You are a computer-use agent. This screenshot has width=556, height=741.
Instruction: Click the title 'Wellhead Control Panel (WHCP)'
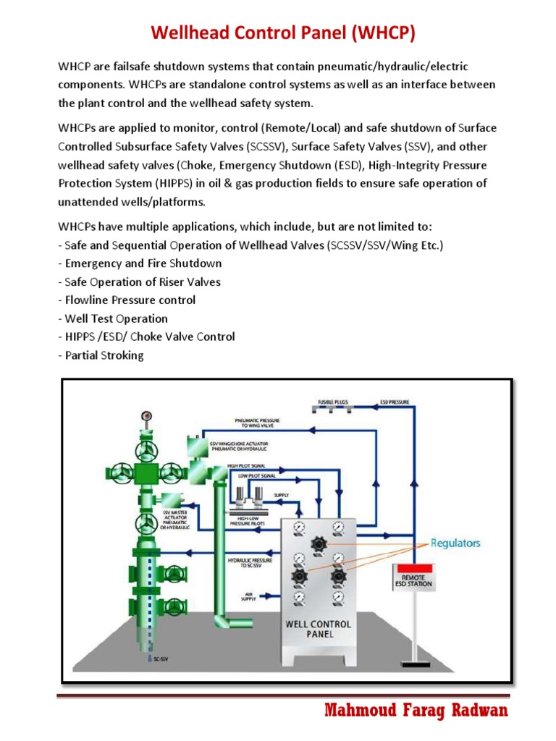(283, 33)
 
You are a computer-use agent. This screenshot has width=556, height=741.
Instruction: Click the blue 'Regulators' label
(455, 543)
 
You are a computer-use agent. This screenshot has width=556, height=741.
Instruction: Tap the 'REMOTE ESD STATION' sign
(417, 579)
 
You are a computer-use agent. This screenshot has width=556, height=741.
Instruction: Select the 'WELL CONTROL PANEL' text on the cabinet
(319, 629)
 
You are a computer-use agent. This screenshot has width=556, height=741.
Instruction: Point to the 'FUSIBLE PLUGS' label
(332, 401)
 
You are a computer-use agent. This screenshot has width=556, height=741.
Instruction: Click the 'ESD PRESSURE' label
(395, 401)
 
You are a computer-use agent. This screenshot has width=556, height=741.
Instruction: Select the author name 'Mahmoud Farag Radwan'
(416, 711)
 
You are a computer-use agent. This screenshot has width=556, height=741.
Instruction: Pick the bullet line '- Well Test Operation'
(112, 318)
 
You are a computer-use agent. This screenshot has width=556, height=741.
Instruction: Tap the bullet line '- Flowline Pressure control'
(127, 300)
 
